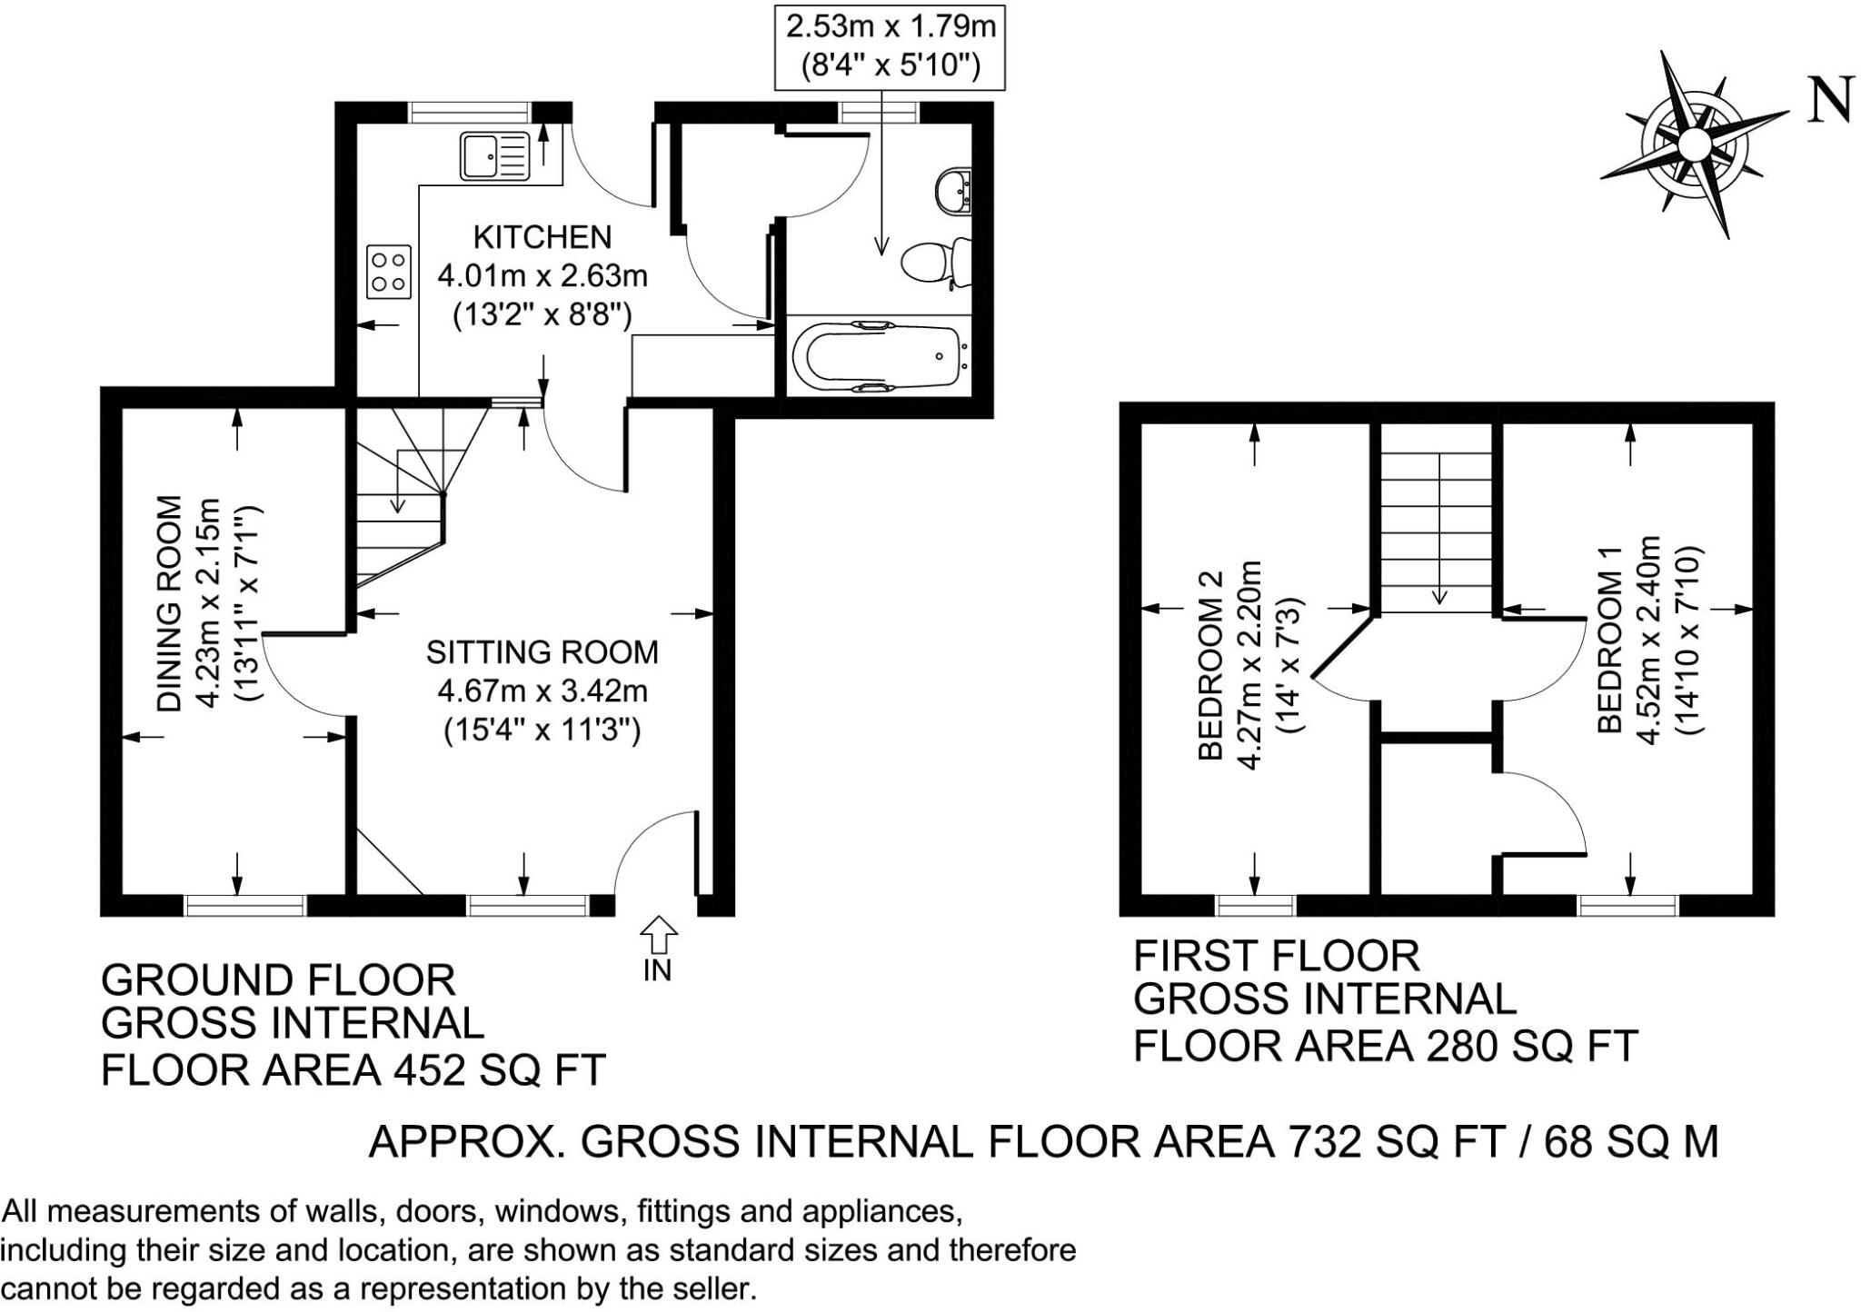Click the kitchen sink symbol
tap(495, 155)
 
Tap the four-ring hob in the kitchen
tap(389, 272)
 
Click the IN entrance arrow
tap(658, 935)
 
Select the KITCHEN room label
tap(542, 237)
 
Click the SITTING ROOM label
tap(542, 651)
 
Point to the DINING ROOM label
tap(170, 602)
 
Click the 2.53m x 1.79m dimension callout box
tap(891, 46)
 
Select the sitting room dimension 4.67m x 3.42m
tap(542, 691)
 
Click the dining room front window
tap(244, 905)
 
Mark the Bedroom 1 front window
tap(1627, 905)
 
